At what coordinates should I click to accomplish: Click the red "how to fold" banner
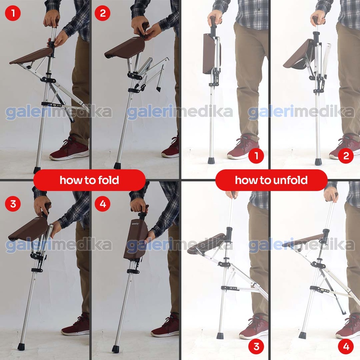pyautogui.click(x=89, y=180)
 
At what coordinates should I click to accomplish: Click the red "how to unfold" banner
pyautogui.click(x=271, y=180)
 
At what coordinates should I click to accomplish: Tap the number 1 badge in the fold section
pyautogui.click(x=13, y=13)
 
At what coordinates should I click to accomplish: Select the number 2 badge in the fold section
pyautogui.click(x=102, y=13)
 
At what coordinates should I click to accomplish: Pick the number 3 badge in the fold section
pyautogui.click(x=13, y=204)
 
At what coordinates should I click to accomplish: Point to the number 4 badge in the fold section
pyautogui.click(x=103, y=204)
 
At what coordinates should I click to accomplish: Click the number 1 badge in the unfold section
pyautogui.click(x=256, y=156)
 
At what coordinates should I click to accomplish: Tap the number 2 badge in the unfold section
pyautogui.click(x=346, y=156)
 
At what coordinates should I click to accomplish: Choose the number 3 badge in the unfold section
pyautogui.click(x=256, y=346)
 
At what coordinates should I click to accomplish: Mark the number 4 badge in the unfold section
pyautogui.click(x=346, y=346)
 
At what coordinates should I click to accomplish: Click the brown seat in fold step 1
pyautogui.click(x=31, y=56)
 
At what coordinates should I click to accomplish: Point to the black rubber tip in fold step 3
pyautogui.click(x=21, y=346)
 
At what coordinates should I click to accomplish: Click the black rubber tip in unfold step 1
pyautogui.click(x=211, y=160)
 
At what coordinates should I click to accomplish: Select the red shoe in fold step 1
pyautogui.click(x=69, y=149)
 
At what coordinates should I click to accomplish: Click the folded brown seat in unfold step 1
pyautogui.click(x=209, y=54)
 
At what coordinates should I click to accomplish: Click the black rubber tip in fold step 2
pyautogui.click(x=117, y=166)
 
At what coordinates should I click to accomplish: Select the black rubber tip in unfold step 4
pyautogui.click(x=302, y=335)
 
